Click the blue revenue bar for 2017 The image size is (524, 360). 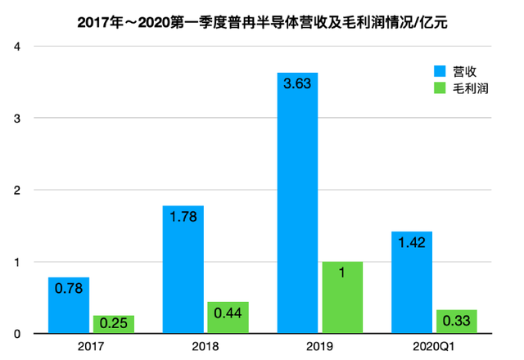pyautogui.click(x=69, y=305)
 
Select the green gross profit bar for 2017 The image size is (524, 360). pyautogui.click(x=114, y=324)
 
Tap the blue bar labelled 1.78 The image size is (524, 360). pyautogui.click(x=183, y=269)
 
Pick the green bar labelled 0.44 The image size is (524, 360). pyautogui.click(x=228, y=317)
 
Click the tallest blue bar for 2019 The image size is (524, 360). pyautogui.click(x=297, y=203)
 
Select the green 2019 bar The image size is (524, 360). pyautogui.click(x=342, y=297)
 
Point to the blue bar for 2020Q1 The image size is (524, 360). pyautogui.click(x=412, y=282)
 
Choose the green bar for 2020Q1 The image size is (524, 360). pyautogui.click(x=457, y=322)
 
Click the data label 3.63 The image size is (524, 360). pyautogui.click(x=297, y=83)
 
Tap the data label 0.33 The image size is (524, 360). pyautogui.click(x=457, y=321)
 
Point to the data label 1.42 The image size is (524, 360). pyautogui.click(x=412, y=243)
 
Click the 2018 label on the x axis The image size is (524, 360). pyautogui.click(x=206, y=346)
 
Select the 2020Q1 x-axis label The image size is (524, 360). pyautogui.click(x=434, y=346)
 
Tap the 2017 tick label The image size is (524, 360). pyautogui.click(x=91, y=346)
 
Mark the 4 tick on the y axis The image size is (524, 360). pyautogui.click(x=17, y=47)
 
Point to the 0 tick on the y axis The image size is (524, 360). pyautogui.click(x=17, y=334)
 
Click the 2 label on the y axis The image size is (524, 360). pyautogui.click(x=17, y=190)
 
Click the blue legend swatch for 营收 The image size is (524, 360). pyautogui.click(x=440, y=71)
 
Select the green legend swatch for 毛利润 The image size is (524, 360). pyautogui.click(x=440, y=88)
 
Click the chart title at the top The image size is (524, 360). pyautogui.click(x=262, y=23)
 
